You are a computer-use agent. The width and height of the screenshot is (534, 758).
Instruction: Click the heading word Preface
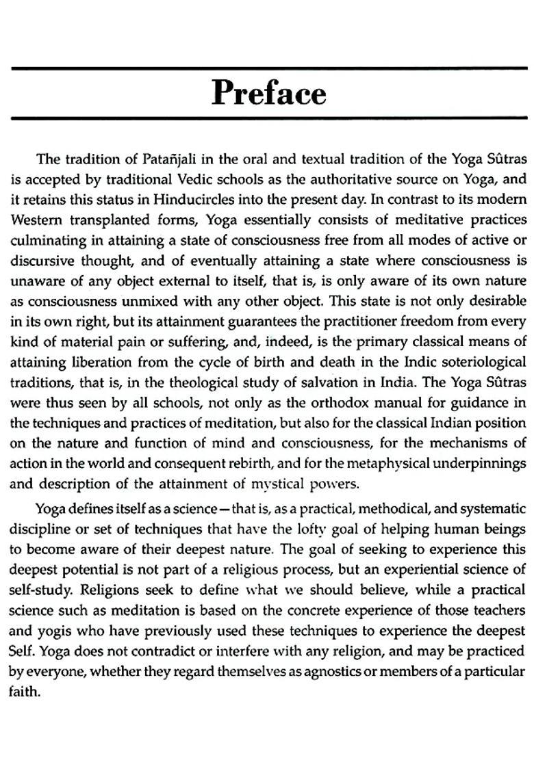tap(268, 93)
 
